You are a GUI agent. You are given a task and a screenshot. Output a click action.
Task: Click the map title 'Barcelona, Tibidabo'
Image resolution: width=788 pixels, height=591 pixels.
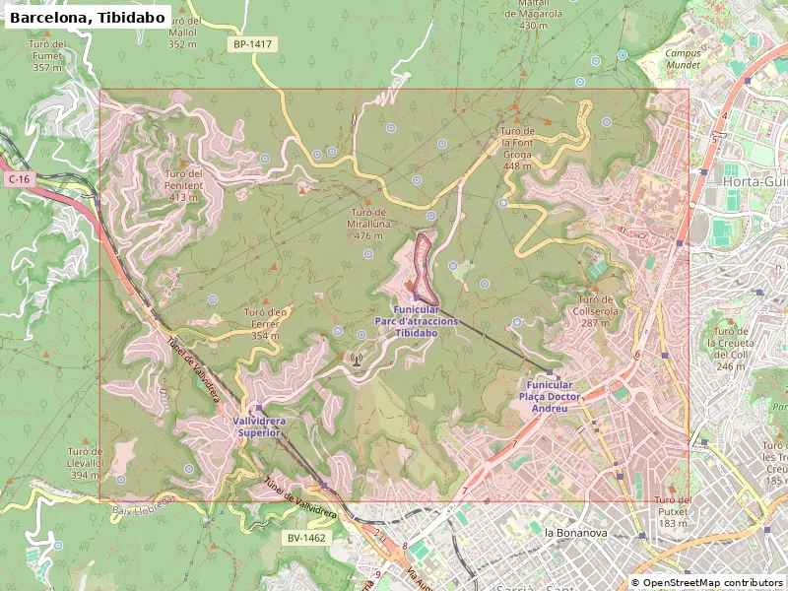click(x=87, y=17)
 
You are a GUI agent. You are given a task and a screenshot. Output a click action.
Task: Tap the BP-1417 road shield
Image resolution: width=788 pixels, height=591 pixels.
click(x=253, y=44)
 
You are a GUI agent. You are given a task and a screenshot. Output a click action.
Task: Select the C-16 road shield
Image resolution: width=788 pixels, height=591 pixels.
click(x=19, y=179)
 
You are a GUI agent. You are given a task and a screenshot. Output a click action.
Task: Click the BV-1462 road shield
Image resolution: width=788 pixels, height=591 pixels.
click(x=307, y=538)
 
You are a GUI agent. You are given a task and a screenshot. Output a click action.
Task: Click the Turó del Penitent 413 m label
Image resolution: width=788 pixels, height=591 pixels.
click(x=184, y=185)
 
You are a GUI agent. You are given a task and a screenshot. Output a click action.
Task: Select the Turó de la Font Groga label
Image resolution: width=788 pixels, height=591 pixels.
click(x=517, y=148)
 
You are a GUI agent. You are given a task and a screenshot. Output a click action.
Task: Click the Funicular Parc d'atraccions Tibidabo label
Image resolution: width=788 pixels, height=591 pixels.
click(x=416, y=321)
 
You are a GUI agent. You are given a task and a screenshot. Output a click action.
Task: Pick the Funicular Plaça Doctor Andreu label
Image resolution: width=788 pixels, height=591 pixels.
click(x=550, y=396)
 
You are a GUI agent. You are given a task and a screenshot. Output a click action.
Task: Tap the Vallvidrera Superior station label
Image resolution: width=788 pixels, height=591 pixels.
click(x=260, y=427)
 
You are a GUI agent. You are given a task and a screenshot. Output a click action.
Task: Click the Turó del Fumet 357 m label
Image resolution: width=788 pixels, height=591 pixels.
click(x=47, y=55)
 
